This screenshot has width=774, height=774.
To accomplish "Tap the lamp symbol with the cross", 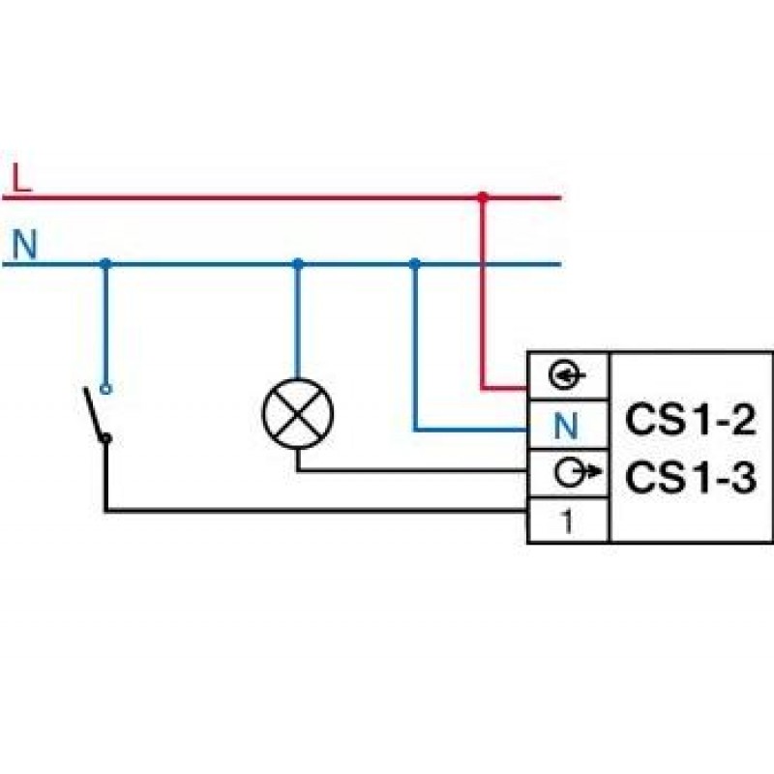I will (298, 413).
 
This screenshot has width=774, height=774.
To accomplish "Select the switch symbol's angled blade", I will (95, 413).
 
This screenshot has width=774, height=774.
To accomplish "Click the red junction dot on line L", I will (483, 197).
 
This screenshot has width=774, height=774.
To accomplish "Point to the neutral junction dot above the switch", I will (105, 263).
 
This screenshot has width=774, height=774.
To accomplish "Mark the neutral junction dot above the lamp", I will (298, 263).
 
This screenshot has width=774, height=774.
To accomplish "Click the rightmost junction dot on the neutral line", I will (415, 263).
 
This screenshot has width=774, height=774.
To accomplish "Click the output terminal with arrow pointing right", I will (568, 473).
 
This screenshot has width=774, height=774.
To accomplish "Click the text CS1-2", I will (689, 422).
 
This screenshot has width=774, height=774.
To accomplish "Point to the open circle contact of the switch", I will (105, 389).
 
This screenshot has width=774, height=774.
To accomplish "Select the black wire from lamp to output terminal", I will (406, 471).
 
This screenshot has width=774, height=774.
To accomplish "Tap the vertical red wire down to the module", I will (483, 310).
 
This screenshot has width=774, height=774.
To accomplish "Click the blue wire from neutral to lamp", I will (298, 319).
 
